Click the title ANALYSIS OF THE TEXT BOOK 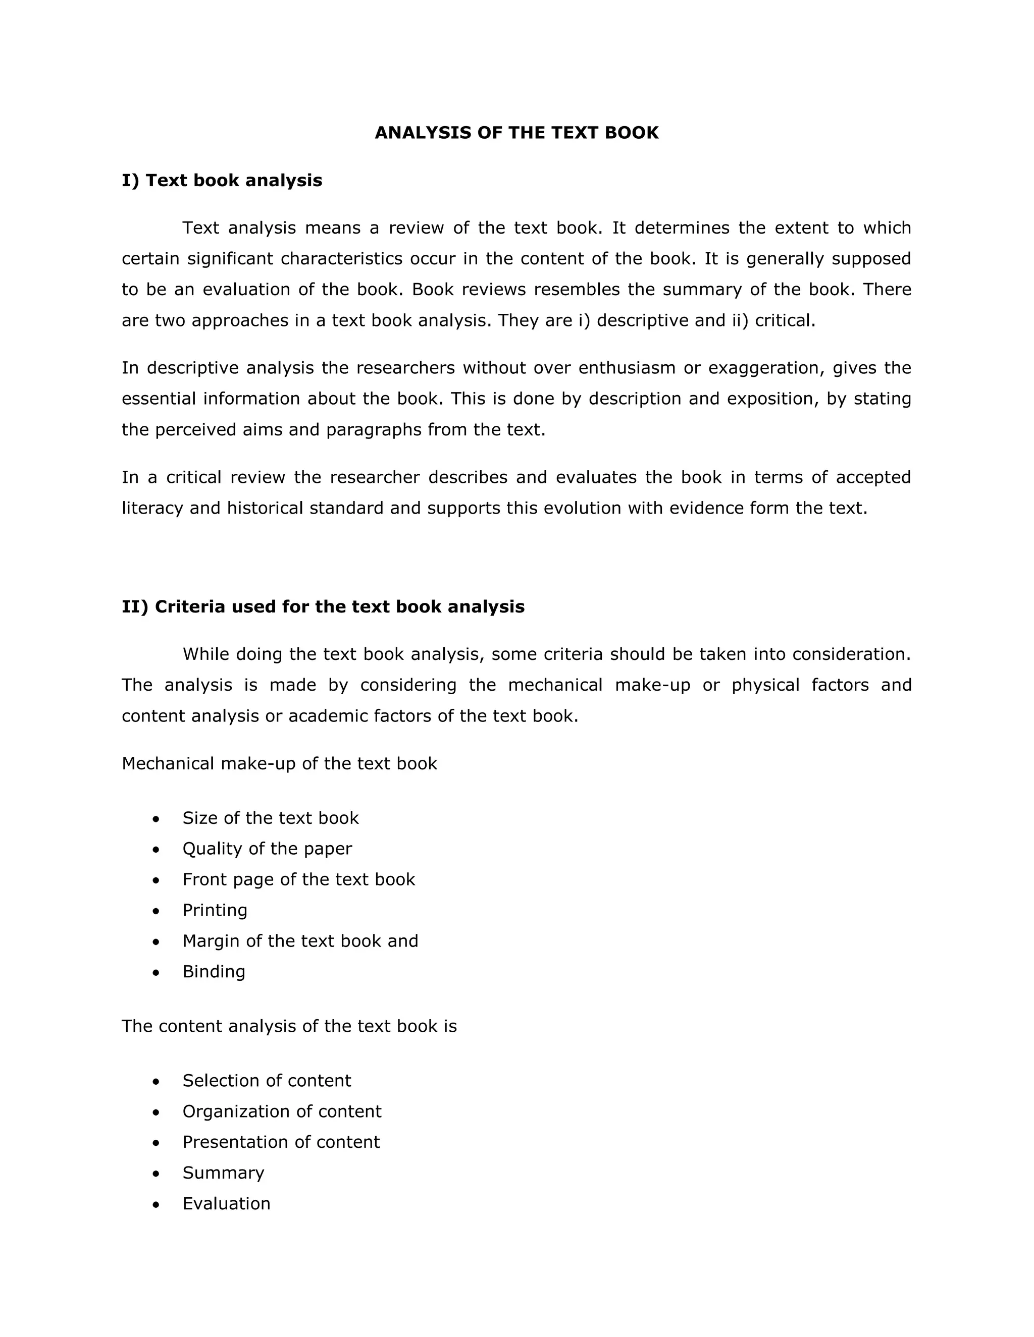pos(516,133)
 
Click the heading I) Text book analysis pos(222,181)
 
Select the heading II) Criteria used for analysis pos(323,606)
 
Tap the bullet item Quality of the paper pos(267,849)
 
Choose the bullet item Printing pos(215,910)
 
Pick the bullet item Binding pos(214,972)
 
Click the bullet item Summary pos(223,1173)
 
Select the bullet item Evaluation pos(226,1203)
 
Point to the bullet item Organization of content pos(282,1111)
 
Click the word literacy pos(152,508)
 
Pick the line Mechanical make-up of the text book pos(279,764)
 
